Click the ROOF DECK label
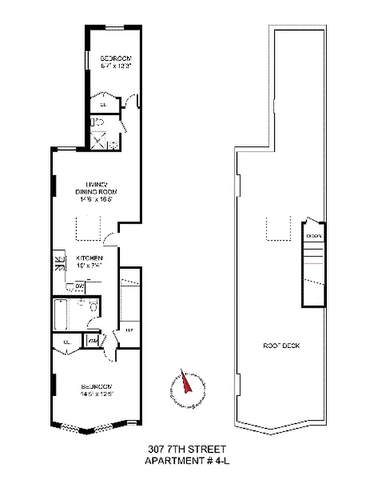pos(281,346)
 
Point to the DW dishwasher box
pos(80,287)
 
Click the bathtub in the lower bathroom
pos(62,314)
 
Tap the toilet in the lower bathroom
pos(93,307)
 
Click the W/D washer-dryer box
pos(93,341)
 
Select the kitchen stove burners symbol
pos(59,262)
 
